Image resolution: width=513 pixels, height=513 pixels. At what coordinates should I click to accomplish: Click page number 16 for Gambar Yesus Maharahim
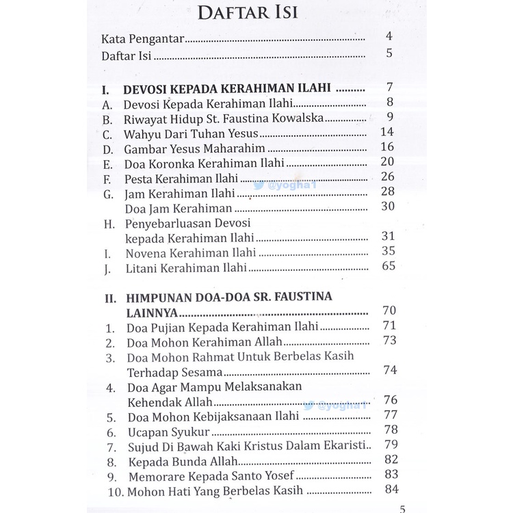[388, 148]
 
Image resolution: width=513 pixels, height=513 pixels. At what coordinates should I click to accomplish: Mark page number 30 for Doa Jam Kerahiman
[388, 207]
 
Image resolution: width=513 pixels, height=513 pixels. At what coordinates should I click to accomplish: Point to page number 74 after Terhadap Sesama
[390, 371]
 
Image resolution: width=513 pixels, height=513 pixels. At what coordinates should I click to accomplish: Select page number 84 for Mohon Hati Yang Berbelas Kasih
[391, 490]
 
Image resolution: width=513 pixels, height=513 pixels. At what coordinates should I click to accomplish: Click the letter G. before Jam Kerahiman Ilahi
[107, 194]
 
